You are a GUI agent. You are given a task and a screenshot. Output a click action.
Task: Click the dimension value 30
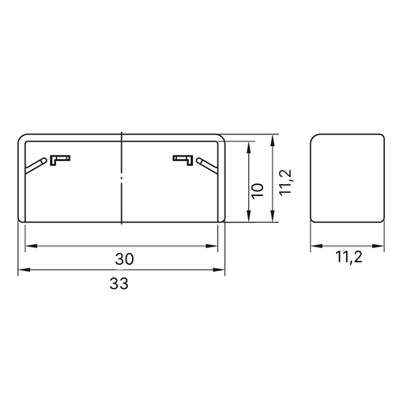point(124,259)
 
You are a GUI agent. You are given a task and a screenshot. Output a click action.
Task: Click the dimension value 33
point(119,284)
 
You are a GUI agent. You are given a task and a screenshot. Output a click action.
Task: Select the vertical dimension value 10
point(258,191)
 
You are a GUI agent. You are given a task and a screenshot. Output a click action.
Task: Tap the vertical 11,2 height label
point(285,182)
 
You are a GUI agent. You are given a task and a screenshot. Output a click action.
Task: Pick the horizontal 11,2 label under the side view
point(349,257)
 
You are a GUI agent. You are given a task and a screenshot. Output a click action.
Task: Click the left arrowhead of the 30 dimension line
point(31,246)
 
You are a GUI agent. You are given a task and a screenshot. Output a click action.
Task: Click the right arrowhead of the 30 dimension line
point(212,246)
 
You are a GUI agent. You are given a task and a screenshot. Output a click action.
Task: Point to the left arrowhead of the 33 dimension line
point(24,269)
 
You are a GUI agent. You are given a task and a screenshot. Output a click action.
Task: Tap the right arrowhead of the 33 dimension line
point(219,269)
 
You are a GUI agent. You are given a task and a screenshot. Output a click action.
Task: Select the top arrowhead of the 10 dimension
point(248,147)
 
